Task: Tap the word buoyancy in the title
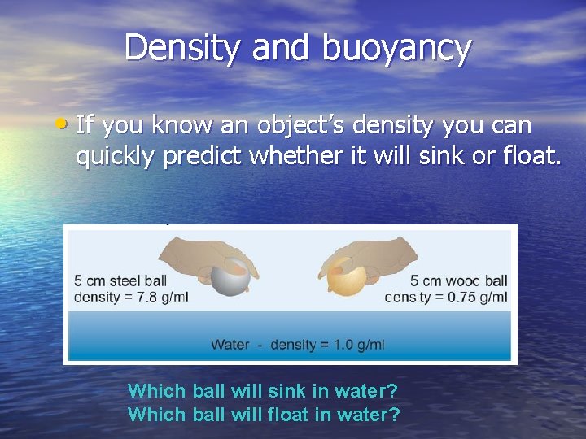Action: point(396,49)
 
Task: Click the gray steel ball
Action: point(228,276)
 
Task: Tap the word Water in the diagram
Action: point(230,345)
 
